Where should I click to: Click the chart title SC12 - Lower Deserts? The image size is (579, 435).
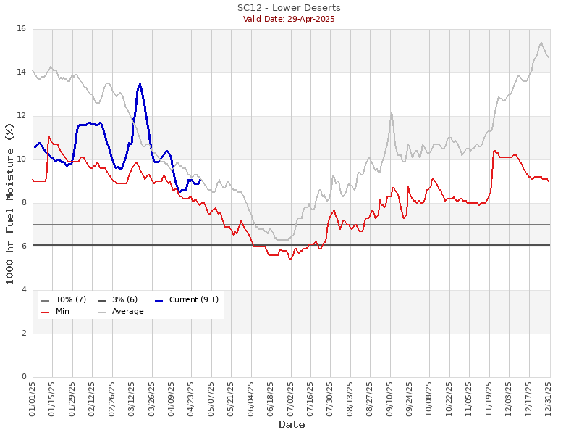289,8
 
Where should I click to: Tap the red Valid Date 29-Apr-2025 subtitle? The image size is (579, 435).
289,20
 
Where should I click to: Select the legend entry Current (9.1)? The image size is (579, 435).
187,299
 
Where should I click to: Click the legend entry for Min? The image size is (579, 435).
56,312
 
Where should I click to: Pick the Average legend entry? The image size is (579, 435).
121,312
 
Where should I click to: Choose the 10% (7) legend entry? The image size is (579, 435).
64,299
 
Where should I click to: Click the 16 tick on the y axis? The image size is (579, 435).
22,29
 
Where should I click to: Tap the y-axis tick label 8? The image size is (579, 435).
24,203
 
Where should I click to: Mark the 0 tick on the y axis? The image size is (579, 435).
24,376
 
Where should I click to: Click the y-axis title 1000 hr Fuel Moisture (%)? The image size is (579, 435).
9,204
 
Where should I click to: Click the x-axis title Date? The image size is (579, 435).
292,424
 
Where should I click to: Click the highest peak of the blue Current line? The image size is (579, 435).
140,85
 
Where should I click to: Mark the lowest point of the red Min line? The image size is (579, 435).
290,260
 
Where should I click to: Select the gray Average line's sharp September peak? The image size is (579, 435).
392,112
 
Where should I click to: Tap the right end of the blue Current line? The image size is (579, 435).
200,180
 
